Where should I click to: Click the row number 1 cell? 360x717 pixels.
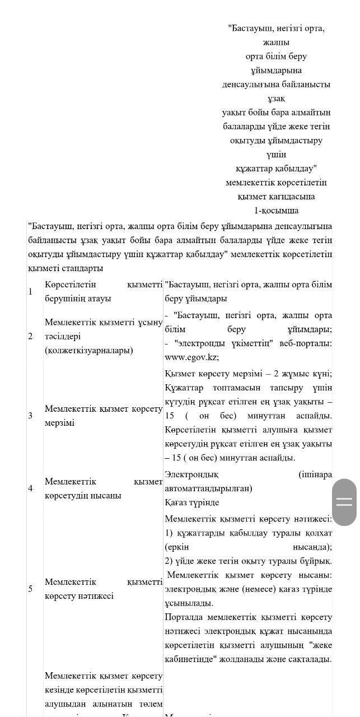[x=31, y=291]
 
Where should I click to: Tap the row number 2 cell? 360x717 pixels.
[x=31, y=336]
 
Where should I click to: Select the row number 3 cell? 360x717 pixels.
[x=31, y=415]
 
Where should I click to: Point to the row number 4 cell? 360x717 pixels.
[x=31, y=488]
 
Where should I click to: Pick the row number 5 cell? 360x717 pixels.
[x=31, y=589]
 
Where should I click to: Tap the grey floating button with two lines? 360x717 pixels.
[x=344, y=502]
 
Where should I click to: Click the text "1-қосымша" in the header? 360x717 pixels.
[x=276, y=211]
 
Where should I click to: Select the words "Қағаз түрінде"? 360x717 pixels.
[x=192, y=502]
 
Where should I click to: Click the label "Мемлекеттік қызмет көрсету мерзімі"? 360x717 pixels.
[x=104, y=416]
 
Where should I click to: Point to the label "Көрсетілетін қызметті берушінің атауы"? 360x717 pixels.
[x=104, y=291]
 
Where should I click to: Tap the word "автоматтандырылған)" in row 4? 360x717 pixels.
[x=208, y=488]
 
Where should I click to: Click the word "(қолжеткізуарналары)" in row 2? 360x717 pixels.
[x=89, y=351]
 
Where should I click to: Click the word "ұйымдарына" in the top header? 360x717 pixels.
[x=276, y=71]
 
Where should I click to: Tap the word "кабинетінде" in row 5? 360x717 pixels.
[x=190, y=659]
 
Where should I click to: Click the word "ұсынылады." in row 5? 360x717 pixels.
[x=189, y=603]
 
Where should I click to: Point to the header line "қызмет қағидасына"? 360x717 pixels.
[x=276, y=197]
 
